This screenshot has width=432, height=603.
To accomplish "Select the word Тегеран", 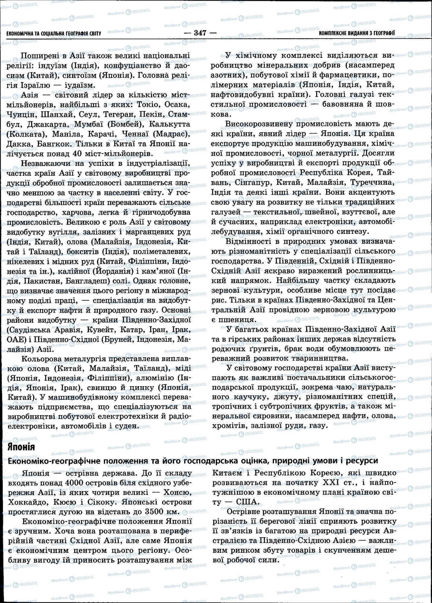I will click(119, 115).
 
